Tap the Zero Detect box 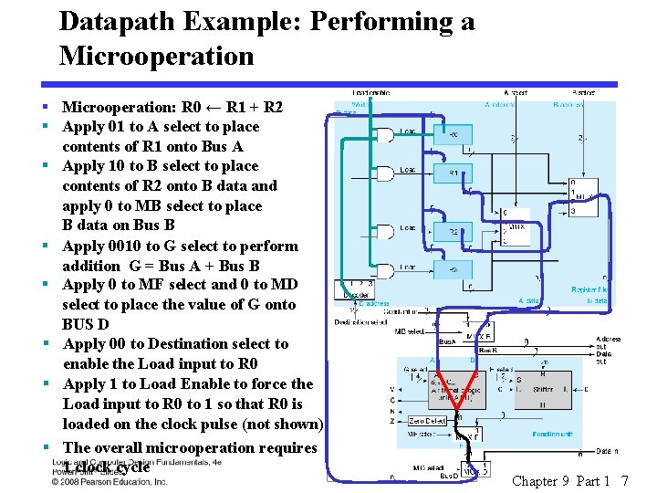[x=429, y=421]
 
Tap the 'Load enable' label [x=371, y=92]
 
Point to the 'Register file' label [x=589, y=289]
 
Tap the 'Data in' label [x=607, y=451]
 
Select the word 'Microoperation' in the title [x=156, y=56]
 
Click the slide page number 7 [x=623, y=480]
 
